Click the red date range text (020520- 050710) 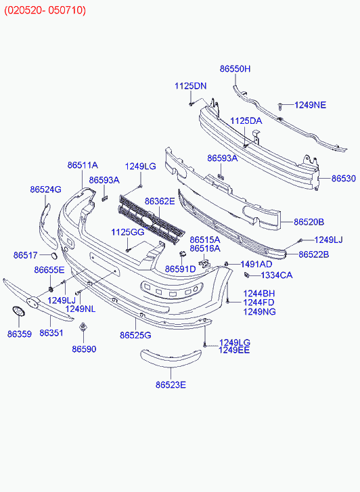(x=45, y=10)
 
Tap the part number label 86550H (x=235, y=69)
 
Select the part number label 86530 (x=344, y=178)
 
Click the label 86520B (x=309, y=222)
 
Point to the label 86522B (x=314, y=254)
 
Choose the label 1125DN (x=191, y=86)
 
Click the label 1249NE (x=310, y=105)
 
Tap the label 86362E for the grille (x=160, y=201)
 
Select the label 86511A (x=83, y=165)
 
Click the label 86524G (x=46, y=189)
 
